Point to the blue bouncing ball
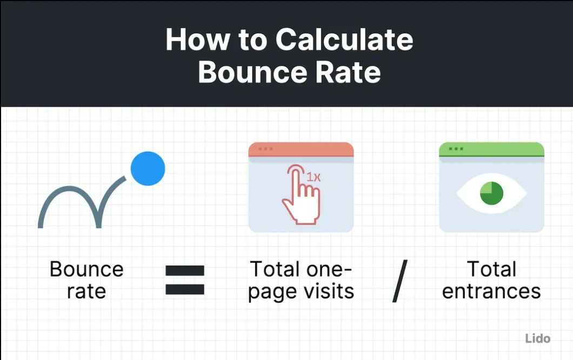coord(148,168)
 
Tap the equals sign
coord(185,280)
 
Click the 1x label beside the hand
coord(314,177)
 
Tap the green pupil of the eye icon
coord(491,193)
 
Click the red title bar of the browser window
coord(301,149)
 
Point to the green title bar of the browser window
coord(491,149)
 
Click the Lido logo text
coord(537,339)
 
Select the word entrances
coord(491,291)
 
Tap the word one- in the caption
coord(329,269)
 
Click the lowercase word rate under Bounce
coord(86,291)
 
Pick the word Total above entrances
coord(491,269)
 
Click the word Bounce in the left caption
coord(86,269)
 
